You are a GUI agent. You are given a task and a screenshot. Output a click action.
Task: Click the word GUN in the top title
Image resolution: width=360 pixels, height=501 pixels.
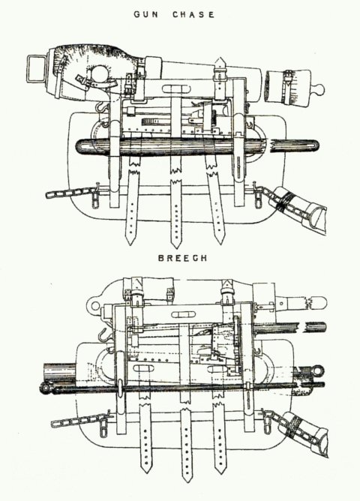146,15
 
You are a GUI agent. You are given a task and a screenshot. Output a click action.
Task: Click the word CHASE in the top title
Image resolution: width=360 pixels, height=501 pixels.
193,15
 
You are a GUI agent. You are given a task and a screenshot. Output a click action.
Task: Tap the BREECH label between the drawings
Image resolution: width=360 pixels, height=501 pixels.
183,258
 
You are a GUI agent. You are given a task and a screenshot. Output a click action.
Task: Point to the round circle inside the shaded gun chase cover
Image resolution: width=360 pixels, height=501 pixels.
101,75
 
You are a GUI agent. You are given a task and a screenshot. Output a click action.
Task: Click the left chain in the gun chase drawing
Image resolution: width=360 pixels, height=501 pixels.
71,193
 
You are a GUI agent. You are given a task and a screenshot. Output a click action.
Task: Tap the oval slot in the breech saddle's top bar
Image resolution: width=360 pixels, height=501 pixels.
184,315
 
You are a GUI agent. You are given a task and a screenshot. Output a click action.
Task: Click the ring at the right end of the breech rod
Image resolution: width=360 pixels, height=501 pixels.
318,371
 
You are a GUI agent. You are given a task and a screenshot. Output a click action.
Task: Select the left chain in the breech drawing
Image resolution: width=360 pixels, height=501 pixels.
79,420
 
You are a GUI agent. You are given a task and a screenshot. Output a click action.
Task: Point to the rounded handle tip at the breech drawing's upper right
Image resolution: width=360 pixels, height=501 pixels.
319,302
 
